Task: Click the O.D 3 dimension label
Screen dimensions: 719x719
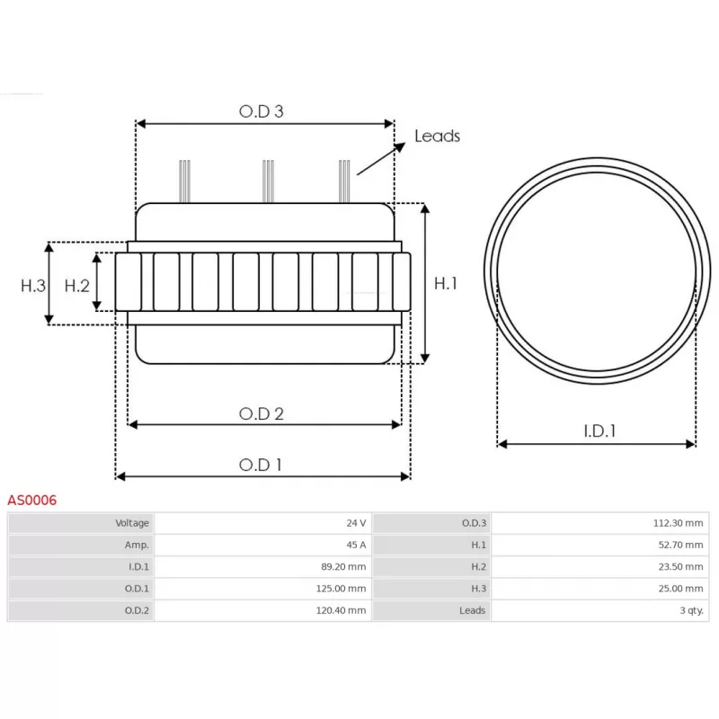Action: pos(262,111)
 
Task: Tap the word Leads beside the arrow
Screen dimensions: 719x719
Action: pos(437,136)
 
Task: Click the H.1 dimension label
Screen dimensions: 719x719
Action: pos(447,283)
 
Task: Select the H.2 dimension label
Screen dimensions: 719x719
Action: pos(77,286)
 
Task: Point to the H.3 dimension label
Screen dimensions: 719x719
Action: pos(33,286)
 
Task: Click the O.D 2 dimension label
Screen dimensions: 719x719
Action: pos(262,413)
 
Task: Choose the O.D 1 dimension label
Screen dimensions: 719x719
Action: pos(261,465)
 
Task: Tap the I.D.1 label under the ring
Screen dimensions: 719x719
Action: pos(599,431)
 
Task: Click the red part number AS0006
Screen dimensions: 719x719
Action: pos(31,500)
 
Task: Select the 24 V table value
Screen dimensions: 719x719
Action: pos(356,523)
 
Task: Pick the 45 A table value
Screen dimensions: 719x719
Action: pos(356,545)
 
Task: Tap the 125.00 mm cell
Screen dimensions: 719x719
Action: pos(343,589)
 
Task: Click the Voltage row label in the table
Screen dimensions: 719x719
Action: pos(132,523)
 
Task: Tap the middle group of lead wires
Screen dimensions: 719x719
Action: pos(267,182)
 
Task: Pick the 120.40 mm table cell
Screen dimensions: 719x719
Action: pos(343,610)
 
